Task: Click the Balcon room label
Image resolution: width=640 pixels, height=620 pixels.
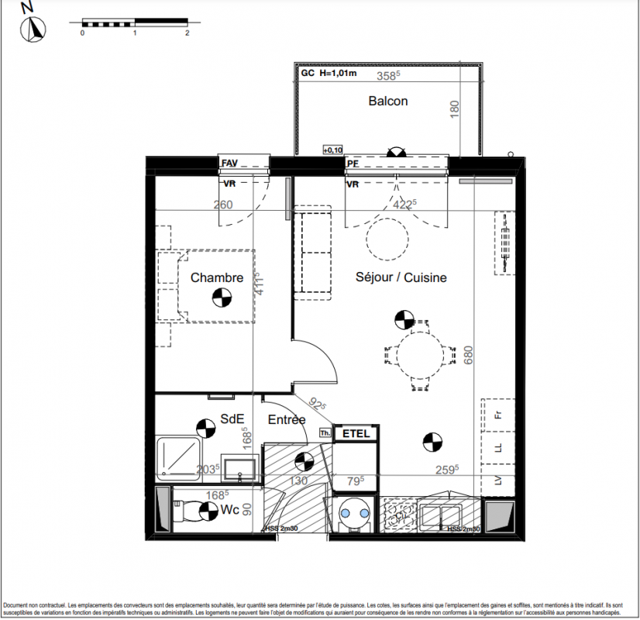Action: coord(387,101)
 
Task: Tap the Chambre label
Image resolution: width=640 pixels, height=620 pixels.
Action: coord(217,277)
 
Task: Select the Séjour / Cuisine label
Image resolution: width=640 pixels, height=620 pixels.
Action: coord(401,277)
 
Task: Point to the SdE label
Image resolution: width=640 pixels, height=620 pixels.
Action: coord(232,418)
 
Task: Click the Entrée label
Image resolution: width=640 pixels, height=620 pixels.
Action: coord(287,420)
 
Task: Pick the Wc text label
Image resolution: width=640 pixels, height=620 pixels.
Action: coord(229,510)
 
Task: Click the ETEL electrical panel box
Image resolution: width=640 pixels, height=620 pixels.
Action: coord(356,434)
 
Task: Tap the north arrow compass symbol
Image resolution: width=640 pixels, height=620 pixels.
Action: coord(35,29)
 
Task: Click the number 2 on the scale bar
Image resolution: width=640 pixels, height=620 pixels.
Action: coord(188,34)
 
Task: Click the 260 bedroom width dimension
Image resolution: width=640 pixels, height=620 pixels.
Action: coord(223,205)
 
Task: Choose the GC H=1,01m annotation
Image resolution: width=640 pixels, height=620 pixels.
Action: coord(329,74)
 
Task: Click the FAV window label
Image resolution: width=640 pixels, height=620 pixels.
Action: coord(229,164)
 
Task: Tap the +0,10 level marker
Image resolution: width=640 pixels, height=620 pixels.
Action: coord(332,150)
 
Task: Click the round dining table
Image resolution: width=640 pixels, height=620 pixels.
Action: coord(419,356)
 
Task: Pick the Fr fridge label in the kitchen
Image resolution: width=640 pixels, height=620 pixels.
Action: coord(499,414)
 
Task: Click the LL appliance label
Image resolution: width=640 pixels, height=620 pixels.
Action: coord(499,448)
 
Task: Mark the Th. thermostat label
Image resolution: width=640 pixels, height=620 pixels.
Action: coord(325,434)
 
